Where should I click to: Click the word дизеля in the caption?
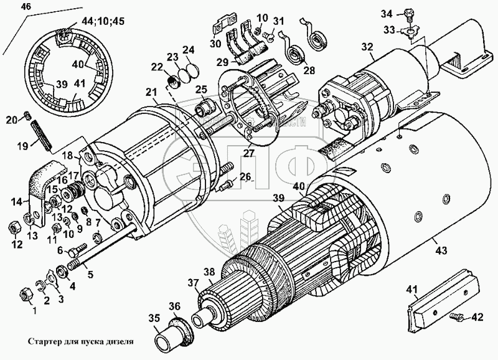point(118,341)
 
